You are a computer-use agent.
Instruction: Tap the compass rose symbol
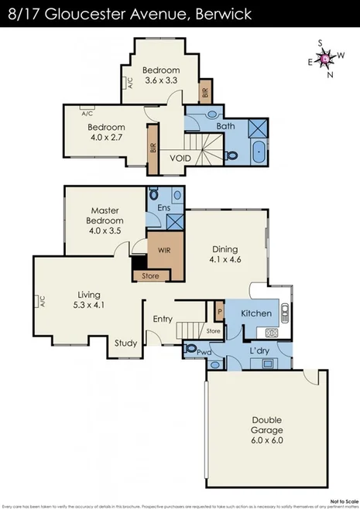coord(326,57)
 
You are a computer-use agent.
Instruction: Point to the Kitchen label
coord(255,313)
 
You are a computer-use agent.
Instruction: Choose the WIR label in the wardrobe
coord(163,250)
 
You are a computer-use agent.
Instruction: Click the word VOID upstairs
coord(180,158)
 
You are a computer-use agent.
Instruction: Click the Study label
coord(125,343)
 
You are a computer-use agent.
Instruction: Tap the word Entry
coord(163,319)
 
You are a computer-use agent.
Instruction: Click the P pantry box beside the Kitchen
coord(220,312)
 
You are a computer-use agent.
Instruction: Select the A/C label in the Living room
coord(43,302)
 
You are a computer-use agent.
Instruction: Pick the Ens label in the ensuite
coord(163,209)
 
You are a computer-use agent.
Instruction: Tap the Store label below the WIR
coord(150,275)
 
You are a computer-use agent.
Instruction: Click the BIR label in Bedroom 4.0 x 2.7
coord(153,146)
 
